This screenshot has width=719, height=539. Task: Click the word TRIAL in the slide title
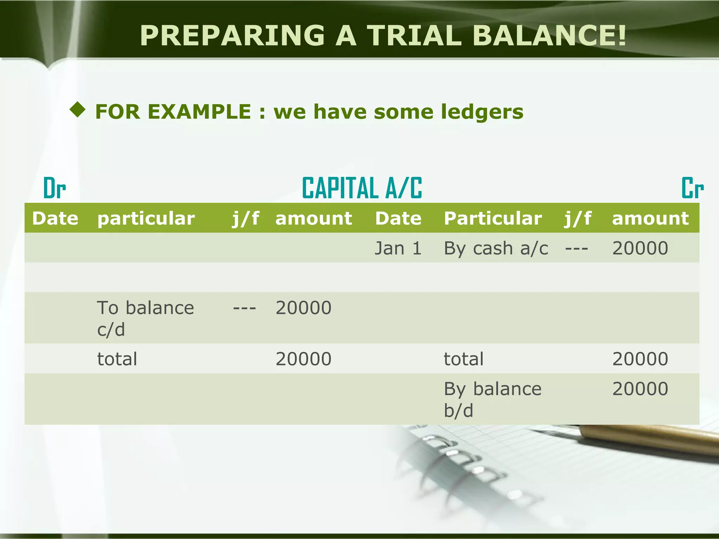[414, 35]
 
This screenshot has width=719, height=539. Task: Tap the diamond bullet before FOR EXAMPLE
[78, 110]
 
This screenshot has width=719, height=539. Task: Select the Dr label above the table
[54, 188]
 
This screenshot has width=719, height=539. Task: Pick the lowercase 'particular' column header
[146, 218]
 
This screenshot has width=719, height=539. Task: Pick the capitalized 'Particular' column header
[493, 218]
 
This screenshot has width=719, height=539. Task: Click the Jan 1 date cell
[398, 248]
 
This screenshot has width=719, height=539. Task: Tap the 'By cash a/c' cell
[495, 248]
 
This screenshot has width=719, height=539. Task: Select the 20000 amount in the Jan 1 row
[640, 248]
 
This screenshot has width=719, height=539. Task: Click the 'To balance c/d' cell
[145, 318]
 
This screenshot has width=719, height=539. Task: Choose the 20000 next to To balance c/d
[303, 308]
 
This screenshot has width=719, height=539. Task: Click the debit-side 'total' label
[117, 359]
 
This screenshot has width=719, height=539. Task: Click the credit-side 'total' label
[463, 359]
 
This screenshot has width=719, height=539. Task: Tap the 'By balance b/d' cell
[492, 399]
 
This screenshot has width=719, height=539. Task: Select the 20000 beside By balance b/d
[640, 389]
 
